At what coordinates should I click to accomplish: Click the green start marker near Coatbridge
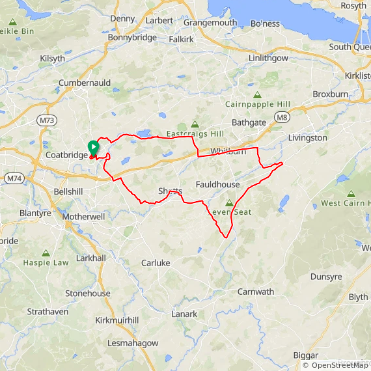coord(93,148)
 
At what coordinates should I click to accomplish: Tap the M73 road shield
coord(46,120)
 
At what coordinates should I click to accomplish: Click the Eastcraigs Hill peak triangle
coord(194,124)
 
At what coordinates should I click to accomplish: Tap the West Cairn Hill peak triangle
coord(351,194)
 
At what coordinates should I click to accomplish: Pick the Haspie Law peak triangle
coord(46,253)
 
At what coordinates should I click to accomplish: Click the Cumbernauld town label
coord(85,83)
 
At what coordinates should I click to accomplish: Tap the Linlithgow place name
coord(268,58)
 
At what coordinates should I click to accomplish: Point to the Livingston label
coord(307,138)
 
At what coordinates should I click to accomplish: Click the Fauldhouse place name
coord(217,185)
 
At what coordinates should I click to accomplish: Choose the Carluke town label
coord(156,263)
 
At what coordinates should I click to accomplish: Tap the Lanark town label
coord(184,314)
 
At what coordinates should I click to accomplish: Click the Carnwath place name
coord(255,292)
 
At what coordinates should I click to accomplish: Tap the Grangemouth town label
coord(210,22)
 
